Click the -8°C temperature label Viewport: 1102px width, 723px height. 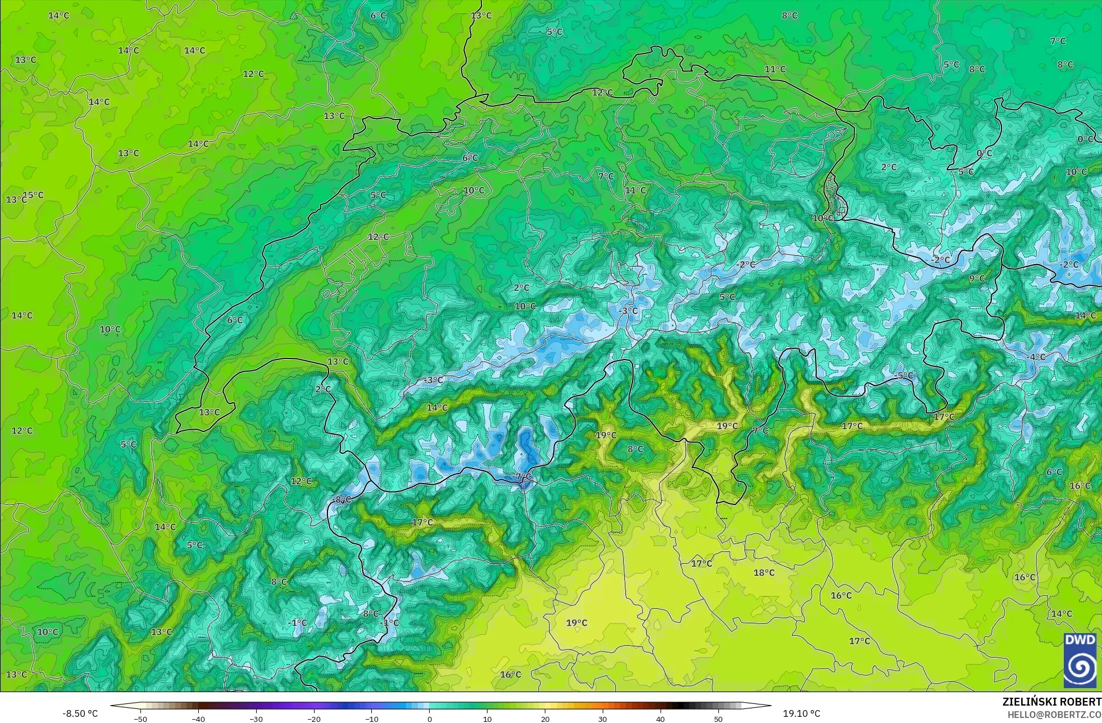[341, 499]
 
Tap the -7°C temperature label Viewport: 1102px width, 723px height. [522, 476]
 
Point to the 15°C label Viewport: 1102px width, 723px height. [33, 195]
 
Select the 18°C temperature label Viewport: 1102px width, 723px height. [764, 572]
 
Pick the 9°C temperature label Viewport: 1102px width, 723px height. [977, 278]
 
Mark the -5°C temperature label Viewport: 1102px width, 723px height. [904, 375]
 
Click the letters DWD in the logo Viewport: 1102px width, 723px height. [1080, 640]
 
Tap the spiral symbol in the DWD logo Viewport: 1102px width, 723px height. [1080, 668]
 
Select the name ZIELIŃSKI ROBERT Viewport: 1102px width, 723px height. [1051, 702]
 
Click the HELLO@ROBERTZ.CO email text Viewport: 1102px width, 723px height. [1054, 715]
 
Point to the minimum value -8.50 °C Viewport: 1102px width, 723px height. [80, 713]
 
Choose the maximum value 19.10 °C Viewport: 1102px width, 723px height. [802, 713]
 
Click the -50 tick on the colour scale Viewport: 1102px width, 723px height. [140, 719]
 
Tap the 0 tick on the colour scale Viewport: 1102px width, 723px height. [430, 719]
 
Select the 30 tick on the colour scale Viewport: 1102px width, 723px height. [603, 719]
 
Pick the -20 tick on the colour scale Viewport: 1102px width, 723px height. [314, 719]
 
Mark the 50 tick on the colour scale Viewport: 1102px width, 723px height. [718, 719]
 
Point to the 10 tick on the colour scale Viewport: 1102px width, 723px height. [487, 719]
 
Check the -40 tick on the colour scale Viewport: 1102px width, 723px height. [198, 719]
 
